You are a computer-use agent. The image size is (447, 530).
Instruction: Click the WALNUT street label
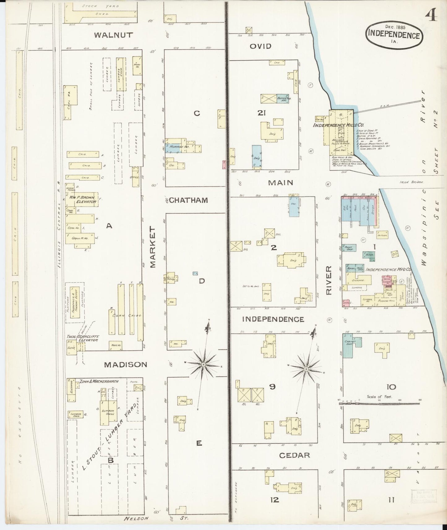click(114, 35)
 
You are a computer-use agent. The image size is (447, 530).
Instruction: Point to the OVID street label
click(260, 46)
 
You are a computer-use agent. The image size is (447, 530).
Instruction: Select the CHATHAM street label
click(188, 200)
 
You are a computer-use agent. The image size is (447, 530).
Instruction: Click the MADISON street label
click(125, 365)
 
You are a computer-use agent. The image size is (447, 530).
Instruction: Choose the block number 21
click(262, 113)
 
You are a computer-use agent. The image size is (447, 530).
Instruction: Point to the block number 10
click(391, 387)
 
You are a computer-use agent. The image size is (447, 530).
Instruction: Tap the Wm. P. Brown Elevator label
click(83, 199)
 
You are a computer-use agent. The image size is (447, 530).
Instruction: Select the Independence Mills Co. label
click(338, 125)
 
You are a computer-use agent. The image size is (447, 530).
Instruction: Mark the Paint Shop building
click(350, 248)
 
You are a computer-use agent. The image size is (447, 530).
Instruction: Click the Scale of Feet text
click(379, 396)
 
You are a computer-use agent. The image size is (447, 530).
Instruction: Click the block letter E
click(199, 443)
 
